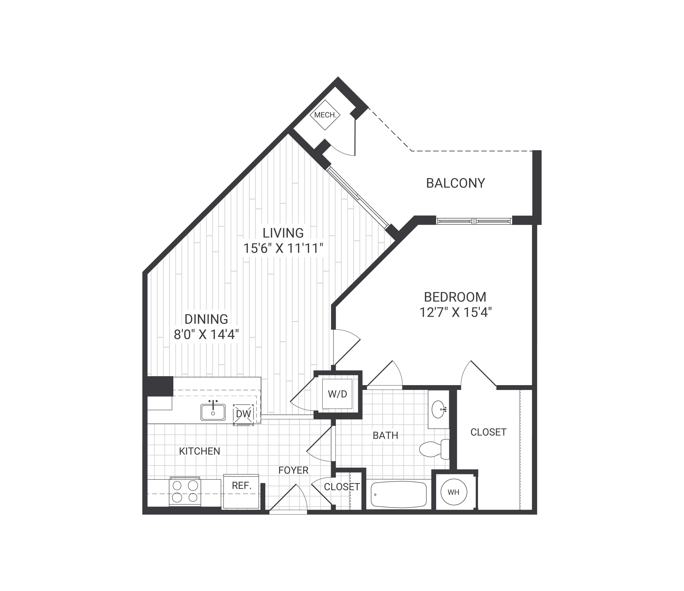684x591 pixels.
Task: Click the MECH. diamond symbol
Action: [x=325, y=115]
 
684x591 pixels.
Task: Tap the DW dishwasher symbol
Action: [x=244, y=414]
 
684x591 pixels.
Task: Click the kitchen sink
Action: [x=213, y=412]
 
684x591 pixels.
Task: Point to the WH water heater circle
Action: [x=454, y=492]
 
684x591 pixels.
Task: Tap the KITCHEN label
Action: [x=199, y=451]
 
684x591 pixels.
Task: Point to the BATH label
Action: [x=385, y=435]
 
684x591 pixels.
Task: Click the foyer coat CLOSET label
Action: [x=342, y=487]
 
